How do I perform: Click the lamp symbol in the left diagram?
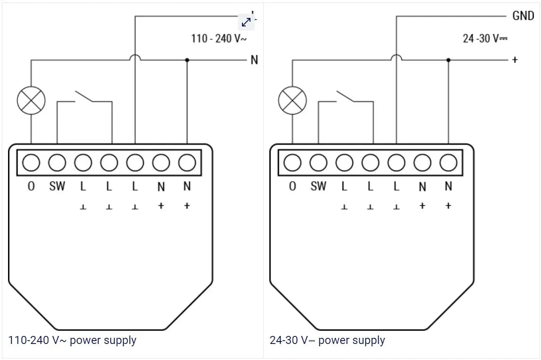coord(31,100)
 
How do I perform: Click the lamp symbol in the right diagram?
coord(292,100)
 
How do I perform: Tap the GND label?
coord(523,16)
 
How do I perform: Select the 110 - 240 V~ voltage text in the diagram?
coord(218,39)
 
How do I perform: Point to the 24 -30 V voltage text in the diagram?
coord(485,39)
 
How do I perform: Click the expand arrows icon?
coord(246,22)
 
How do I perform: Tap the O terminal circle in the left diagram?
coord(31,163)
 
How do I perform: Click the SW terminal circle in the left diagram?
coord(57,163)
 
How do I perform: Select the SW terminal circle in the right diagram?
coord(318,163)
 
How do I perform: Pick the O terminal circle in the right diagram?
coord(292,163)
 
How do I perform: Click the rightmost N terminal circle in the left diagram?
coord(187,163)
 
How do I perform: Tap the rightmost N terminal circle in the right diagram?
coord(448,163)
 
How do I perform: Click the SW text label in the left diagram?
coord(57,186)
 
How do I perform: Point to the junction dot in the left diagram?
coord(187,60)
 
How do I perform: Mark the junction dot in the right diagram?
coord(448,60)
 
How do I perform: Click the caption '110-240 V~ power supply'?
coord(72,340)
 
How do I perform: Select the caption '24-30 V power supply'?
coord(327,340)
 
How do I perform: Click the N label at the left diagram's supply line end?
coord(254,60)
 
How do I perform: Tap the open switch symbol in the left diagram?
coord(85,96)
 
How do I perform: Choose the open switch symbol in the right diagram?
coord(346,96)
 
